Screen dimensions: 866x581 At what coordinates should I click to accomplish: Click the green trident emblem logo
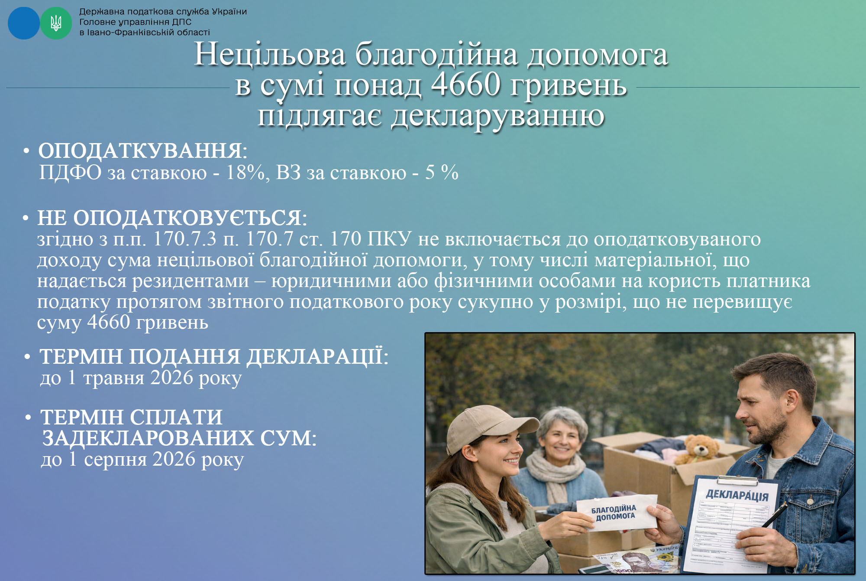click(x=56, y=23)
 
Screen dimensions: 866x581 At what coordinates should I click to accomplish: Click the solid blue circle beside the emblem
click(x=24, y=23)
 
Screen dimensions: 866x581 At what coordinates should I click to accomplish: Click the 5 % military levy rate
click(x=442, y=172)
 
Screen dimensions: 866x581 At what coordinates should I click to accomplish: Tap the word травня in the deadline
click(x=114, y=378)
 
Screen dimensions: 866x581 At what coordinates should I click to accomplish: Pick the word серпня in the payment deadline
click(x=116, y=460)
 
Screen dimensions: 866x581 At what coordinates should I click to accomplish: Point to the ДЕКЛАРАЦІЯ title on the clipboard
click(x=737, y=495)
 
